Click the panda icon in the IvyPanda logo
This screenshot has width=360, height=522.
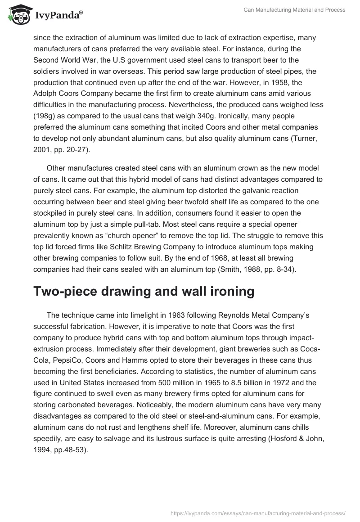tap(17, 15)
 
